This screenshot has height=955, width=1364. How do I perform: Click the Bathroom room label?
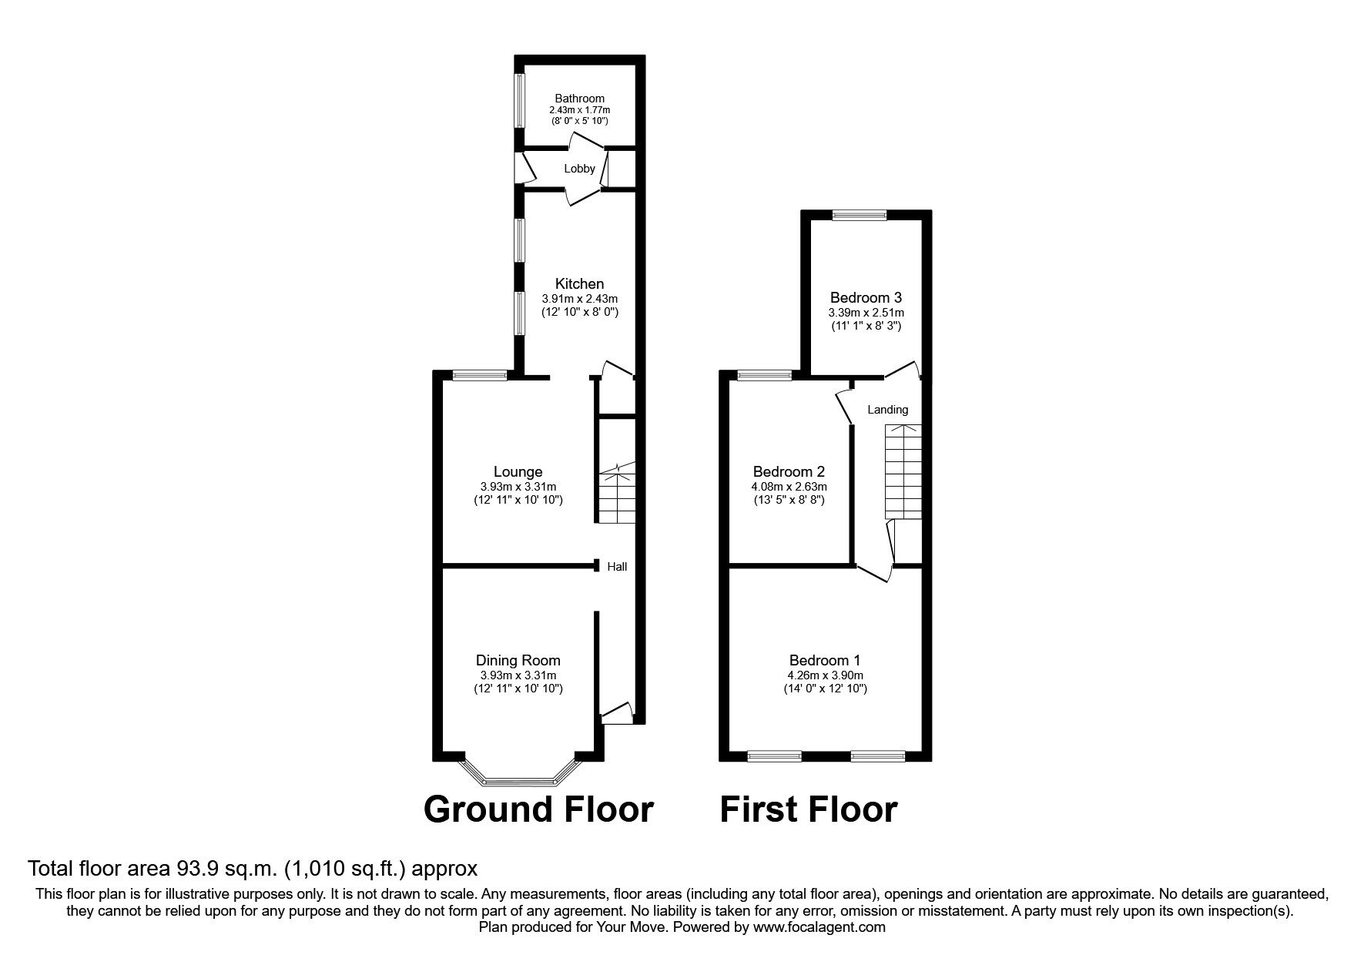[x=579, y=99]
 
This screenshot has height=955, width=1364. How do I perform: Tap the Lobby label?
[x=579, y=169]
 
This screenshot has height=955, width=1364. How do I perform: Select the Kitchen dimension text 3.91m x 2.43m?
[x=579, y=299]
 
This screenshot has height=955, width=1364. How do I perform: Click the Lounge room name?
[x=518, y=471]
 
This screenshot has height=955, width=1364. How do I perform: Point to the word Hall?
[x=617, y=567]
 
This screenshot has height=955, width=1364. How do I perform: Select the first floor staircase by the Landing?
[x=903, y=471]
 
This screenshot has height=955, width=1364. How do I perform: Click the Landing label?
[x=887, y=410]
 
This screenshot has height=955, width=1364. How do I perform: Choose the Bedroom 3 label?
[x=866, y=297]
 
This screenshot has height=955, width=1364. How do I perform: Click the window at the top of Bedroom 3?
[x=859, y=216]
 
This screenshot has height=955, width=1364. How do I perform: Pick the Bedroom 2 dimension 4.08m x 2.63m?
[x=789, y=487]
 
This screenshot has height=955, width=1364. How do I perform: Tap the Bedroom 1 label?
[x=824, y=660]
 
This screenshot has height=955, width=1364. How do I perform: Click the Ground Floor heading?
[x=538, y=809]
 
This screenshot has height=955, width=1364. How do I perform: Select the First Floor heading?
[x=808, y=809]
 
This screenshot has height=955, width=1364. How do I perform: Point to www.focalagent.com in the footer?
[x=819, y=927]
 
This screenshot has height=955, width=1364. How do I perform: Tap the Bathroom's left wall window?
[x=520, y=100]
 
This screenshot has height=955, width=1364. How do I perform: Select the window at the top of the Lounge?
[x=480, y=376]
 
